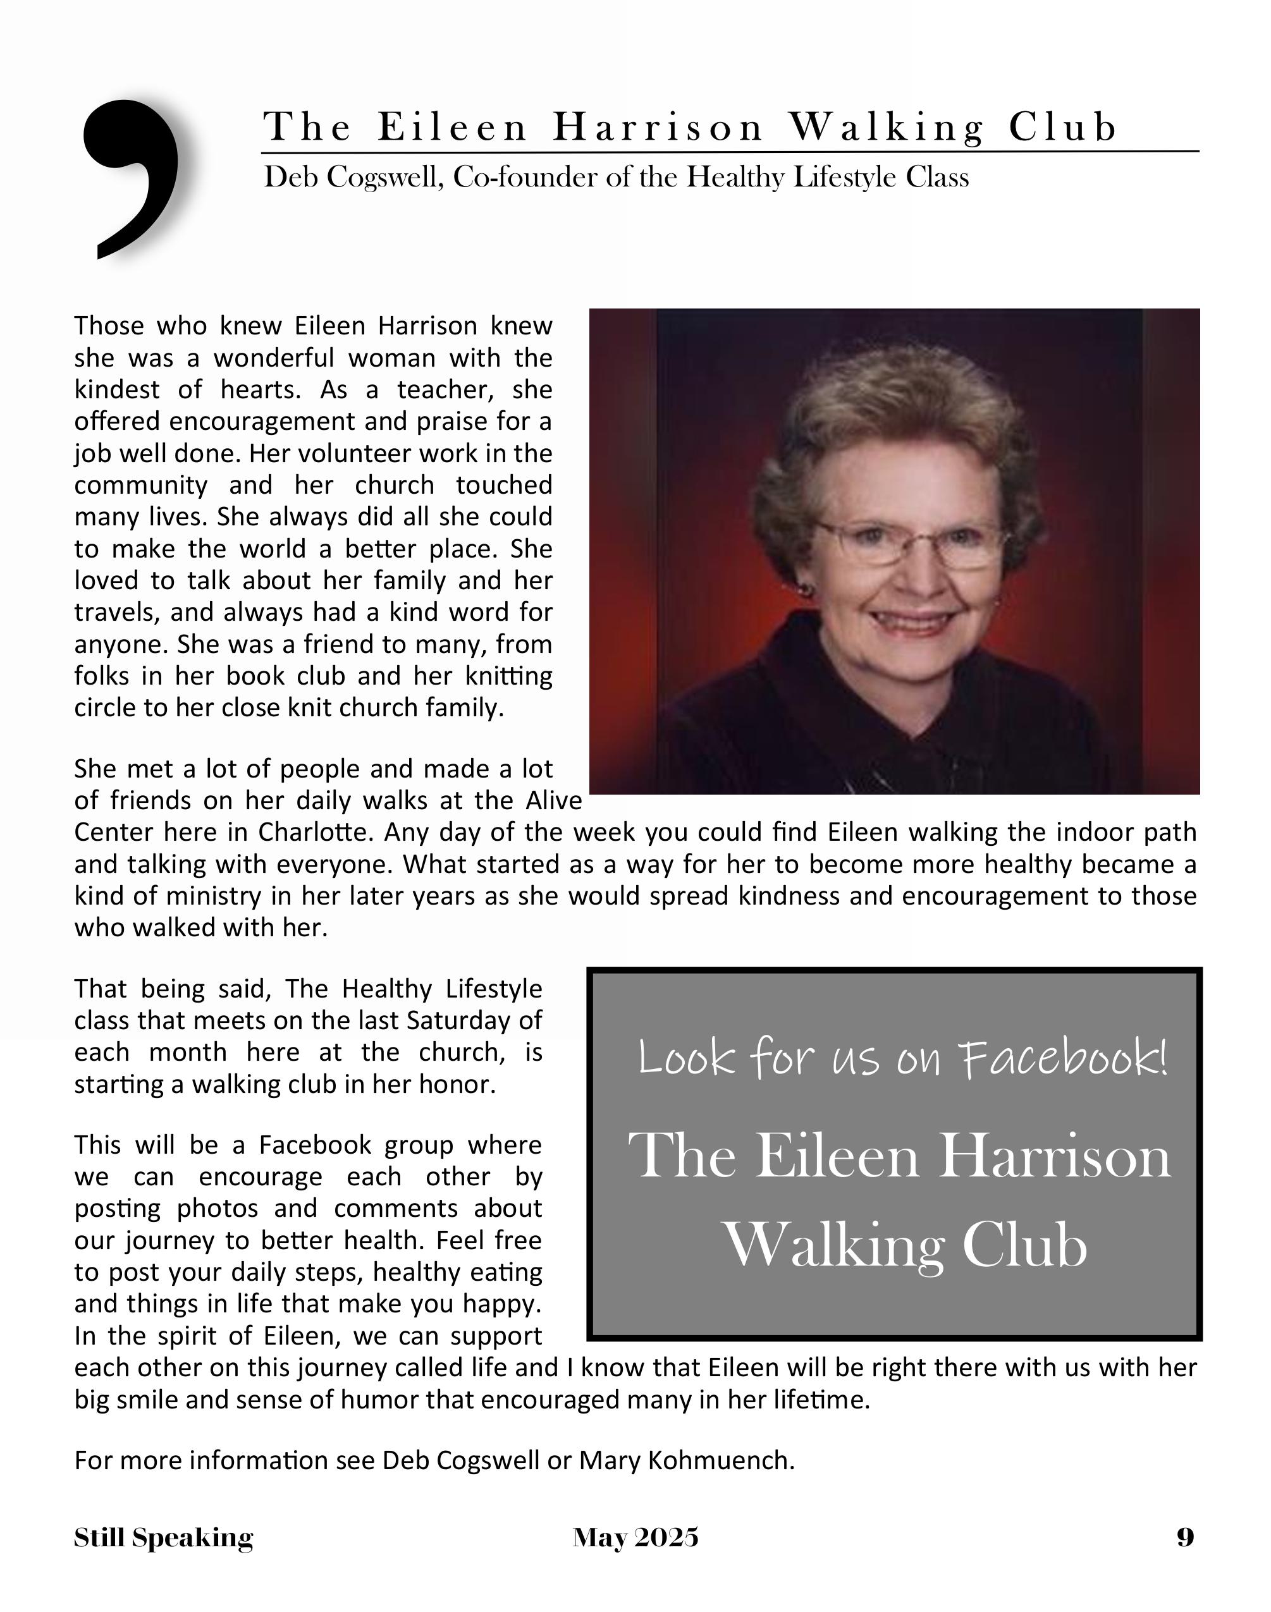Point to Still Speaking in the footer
[x=163, y=1537]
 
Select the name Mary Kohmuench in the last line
[x=685, y=1460]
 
